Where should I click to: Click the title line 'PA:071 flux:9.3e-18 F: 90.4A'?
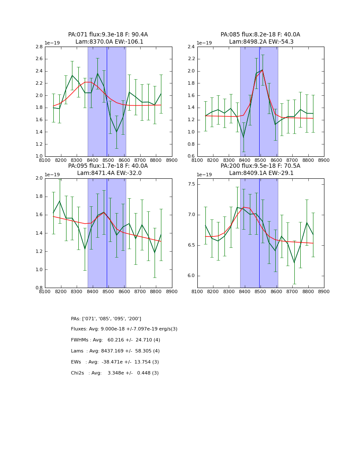[108, 35]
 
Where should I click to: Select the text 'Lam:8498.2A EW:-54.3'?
[260, 42]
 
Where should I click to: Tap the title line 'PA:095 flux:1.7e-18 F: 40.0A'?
[108, 166]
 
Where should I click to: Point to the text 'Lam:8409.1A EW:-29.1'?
[260, 173]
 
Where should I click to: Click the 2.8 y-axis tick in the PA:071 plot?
[39, 47]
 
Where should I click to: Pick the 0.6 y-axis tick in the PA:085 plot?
[191, 156]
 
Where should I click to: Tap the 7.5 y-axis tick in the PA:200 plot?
[191, 184]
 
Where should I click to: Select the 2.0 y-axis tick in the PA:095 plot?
[39, 178]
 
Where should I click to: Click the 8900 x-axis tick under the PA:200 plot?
[324, 291]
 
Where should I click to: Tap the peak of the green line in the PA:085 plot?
[263, 70]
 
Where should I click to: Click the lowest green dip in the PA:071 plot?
[116, 132]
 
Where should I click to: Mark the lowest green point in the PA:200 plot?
[294, 263]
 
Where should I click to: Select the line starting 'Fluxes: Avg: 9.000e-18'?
[124, 329]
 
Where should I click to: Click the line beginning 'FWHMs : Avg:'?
[115, 340]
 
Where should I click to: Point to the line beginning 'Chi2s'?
[115, 373]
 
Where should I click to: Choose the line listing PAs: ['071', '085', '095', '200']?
[106, 319]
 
